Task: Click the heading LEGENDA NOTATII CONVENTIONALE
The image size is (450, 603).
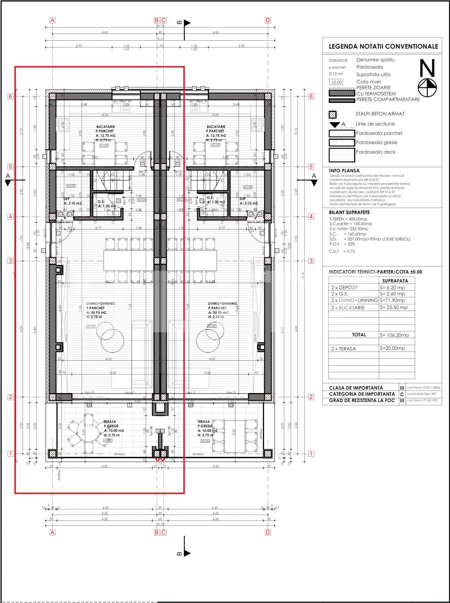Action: (383, 47)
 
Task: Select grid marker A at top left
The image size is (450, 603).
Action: (52, 20)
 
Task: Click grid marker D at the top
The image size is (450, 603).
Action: (268, 20)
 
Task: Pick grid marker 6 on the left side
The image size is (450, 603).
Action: (11, 96)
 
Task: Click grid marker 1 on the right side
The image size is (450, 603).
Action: (311, 454)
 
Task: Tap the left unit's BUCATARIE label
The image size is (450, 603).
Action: (105, 127)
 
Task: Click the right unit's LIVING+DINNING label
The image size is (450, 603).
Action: (223, 303)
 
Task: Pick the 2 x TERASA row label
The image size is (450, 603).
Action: (343, 349)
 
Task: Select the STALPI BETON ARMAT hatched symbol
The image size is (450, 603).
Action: (333, 114)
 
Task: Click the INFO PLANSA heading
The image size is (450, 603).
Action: (344, 171)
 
